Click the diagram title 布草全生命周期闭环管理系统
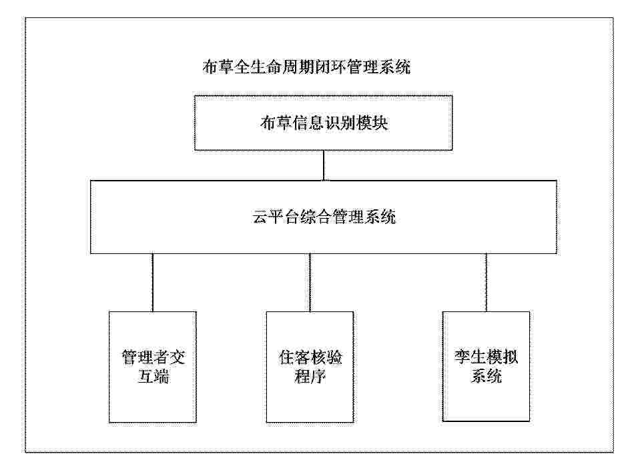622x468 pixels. pyautogui.click(x=306, y=67)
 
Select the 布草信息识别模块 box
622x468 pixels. pyautogui.click(x=323, y=123)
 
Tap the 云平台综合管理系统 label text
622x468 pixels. pyautogui.click(x=324, y=217)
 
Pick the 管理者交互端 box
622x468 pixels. pyautogui.click(x=153, y=367)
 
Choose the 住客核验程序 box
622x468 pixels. pyautogui.click(x=310, y=367)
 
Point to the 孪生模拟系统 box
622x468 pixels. pyautogui.click(x=486, y=367)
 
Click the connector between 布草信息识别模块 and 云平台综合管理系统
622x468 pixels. pyautogui.click(x=324, y=165)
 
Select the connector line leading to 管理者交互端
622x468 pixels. pyautogui.click(x=153, y=283)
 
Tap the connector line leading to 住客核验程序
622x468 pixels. pyautogui.click(x=310, y=283)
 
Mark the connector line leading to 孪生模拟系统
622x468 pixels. pyautogui.click(x=486, y=283)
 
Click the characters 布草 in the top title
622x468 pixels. pyautogui.click(x=218, y=67)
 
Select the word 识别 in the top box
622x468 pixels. pyautogui.click(x=340, y=123)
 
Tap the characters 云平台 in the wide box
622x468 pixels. pyautogui.click(x=276, y=217)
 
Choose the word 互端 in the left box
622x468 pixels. pyautogui.click(x=153, y=376)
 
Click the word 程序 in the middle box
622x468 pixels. pyautogui.click(x=310, y=376)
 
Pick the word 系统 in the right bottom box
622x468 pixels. pyautogui.click(x=487, y=375)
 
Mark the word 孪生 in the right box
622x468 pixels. pyautogui.click(x=470, y=357)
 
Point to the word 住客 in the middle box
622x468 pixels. pyautogui.click(x=294, y=357)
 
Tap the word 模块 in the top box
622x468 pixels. pyautogui.click(x=372, y=123)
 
